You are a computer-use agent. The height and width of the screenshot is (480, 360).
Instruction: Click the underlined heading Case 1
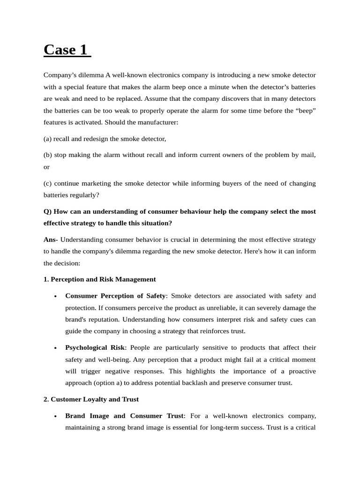click(67, 49)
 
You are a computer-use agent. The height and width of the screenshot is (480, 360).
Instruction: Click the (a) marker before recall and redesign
click(47, 139)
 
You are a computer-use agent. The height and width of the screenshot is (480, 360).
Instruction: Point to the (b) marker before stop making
click(48, 155)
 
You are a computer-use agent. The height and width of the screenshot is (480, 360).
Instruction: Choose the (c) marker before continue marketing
click(47, 183)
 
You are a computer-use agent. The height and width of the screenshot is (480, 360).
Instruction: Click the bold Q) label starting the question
click(48, 211)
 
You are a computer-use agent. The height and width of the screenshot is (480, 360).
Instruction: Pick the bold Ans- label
click(51, 240)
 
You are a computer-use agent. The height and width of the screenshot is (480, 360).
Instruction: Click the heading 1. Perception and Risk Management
click(99, 279)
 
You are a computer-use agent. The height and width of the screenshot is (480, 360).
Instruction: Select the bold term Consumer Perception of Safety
click(115, 296)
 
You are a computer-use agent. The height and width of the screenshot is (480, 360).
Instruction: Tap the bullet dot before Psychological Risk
click(55, 348)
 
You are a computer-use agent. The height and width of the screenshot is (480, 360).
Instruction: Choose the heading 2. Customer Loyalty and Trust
click(91, 399)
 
